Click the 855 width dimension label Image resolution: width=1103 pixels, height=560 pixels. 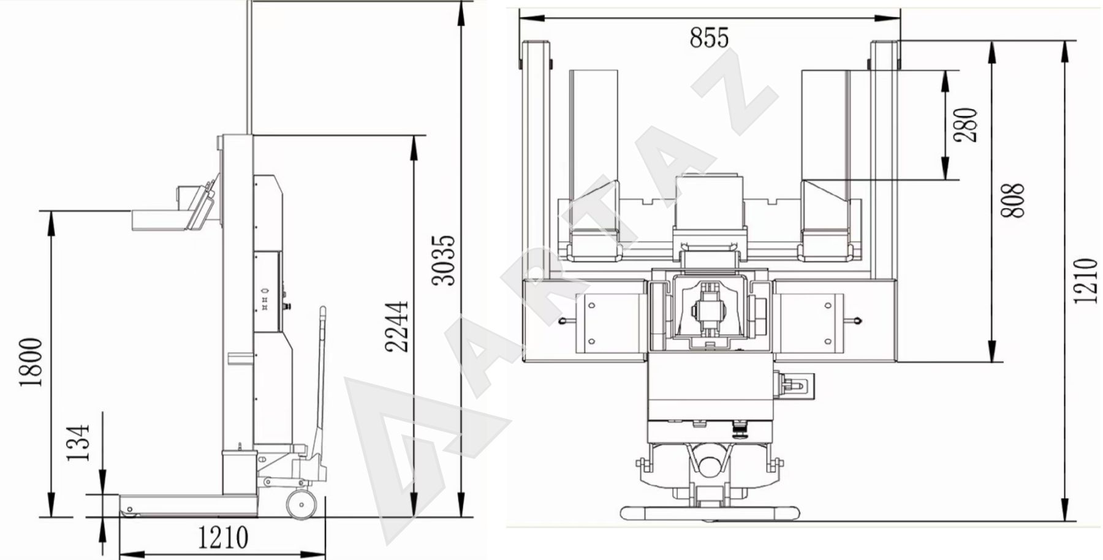(709, 38)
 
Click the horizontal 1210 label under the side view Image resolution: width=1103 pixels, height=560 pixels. (223, 537)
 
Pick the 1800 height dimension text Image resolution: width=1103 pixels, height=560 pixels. (31, 362)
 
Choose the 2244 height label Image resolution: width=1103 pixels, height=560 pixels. (396, 326)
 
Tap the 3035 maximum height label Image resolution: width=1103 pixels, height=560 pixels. (444, 260)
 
